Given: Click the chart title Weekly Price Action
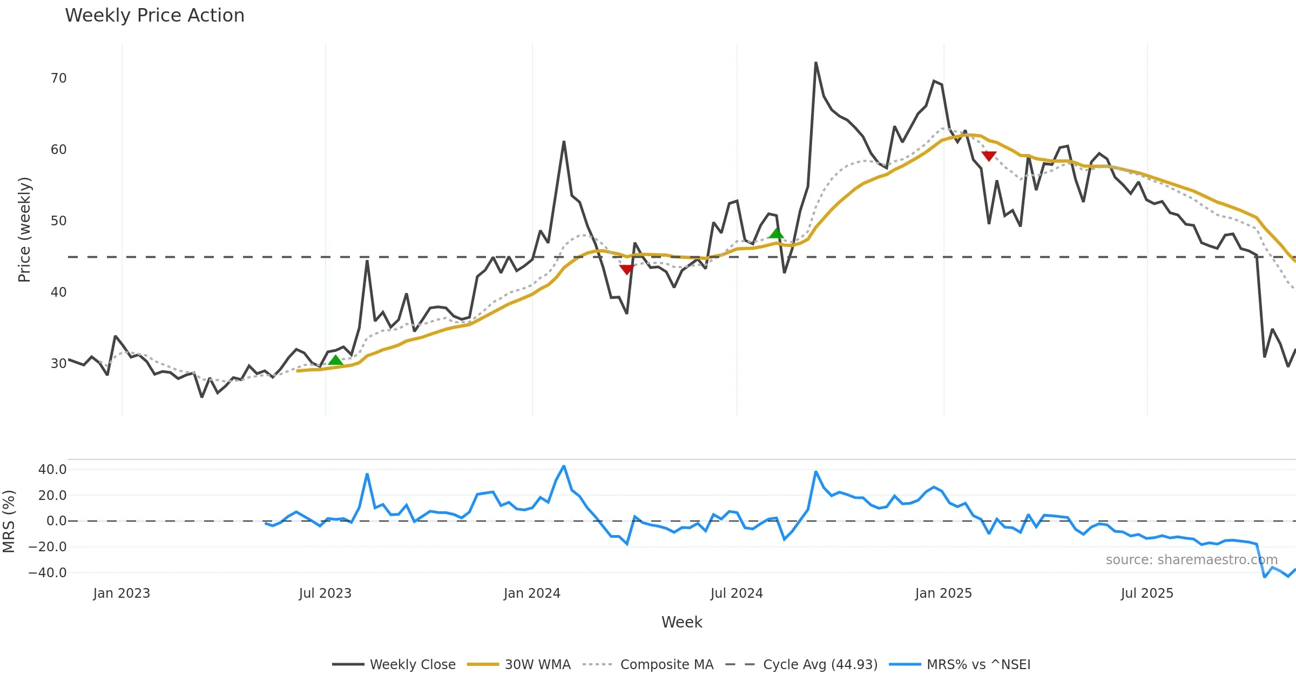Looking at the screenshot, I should (154, 16).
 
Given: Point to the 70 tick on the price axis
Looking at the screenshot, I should (58, 78).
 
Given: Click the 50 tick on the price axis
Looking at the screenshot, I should (58, 221).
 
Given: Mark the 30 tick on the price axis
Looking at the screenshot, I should (58, 364).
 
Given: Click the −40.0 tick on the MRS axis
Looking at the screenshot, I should (48, 573).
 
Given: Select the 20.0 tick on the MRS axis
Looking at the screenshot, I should (52, 496).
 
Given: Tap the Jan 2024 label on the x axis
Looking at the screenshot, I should (532, 593).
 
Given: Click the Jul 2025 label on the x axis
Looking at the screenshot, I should (1147, 593).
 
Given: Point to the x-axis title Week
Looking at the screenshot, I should (681, 623).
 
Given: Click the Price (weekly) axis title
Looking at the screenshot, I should (24, 230).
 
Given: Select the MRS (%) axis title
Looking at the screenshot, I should (9, 522).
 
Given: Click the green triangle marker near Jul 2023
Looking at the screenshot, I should (335, 360).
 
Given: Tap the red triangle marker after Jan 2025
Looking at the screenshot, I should (989, 156).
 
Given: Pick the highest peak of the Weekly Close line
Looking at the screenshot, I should (816, 63).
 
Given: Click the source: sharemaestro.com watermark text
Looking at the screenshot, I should (1191, 560).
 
